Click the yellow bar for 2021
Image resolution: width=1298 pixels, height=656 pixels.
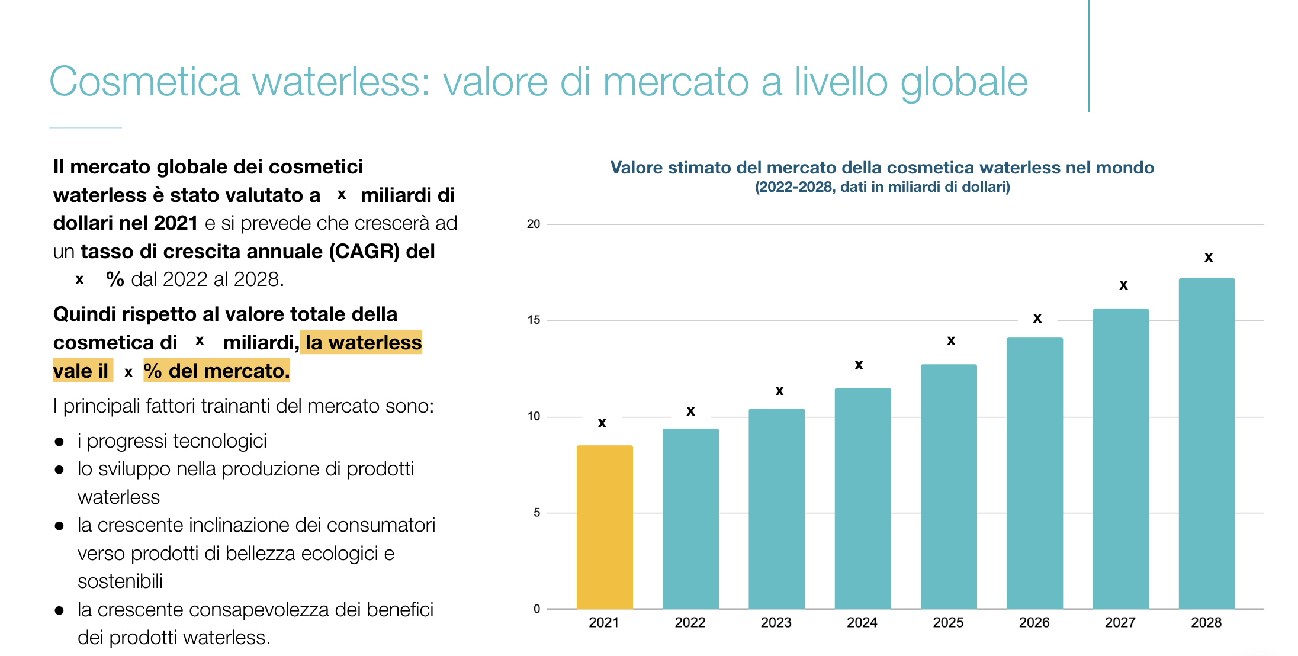(x=605, y=527)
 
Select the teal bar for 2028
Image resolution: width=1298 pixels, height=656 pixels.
(x=1206, y=444)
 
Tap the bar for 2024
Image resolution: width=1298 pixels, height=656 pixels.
(x=862, y=499)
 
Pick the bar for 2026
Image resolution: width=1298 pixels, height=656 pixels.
(x=1034, y=474)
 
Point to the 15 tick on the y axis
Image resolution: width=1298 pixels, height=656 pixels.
(x=534, y=320)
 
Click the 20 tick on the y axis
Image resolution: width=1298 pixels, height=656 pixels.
(x=534, y=224)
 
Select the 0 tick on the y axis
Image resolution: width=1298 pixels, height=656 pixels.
(x=536, y=609)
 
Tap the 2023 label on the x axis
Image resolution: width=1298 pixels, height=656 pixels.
(x=776, y=623)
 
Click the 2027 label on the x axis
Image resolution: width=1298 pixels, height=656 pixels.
(x=1120, y=623)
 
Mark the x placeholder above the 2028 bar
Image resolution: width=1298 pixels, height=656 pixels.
(x=1209, y=258)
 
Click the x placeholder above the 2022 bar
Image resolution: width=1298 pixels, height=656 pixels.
(x=690, y=411)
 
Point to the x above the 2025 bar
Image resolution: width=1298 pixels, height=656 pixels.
(x=951, y=341)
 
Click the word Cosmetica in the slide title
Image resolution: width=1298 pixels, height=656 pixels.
(x=144, y=82)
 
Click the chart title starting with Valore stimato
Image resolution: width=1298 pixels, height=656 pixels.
(x=882, y=168)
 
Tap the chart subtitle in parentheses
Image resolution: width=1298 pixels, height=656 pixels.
(x=882, y=187)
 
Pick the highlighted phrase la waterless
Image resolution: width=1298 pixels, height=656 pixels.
(x=363, y=342)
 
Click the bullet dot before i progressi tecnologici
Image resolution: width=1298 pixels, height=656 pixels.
(x=59, y=442)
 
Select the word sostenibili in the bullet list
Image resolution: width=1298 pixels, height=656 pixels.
(x=120, y=581)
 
